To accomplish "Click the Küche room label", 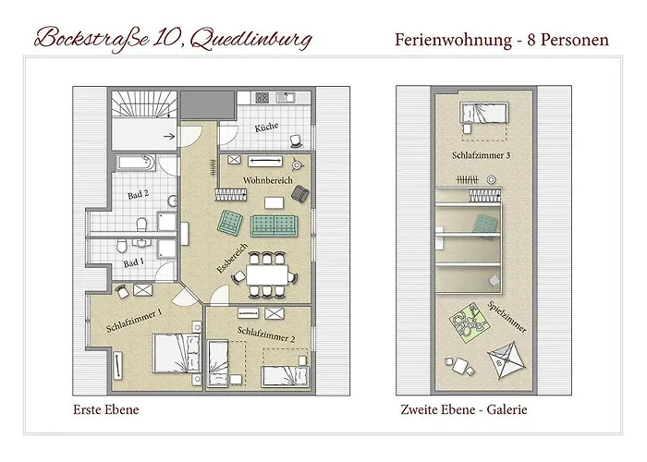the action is point(266,128).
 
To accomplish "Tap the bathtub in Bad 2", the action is point(135,163).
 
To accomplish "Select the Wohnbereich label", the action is point(268,180).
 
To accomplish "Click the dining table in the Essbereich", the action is point(267,274).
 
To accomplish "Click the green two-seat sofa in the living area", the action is point(275,225).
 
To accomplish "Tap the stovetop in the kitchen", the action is point(262,98).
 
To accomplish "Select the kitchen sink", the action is point(286,98).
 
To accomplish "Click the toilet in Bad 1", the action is point(122,246).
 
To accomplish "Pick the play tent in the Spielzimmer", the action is point(506,359).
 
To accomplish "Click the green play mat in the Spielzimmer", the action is point(470,322).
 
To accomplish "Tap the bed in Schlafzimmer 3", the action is point(483,113).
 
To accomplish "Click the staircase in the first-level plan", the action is point(144,104).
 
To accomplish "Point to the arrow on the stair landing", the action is point(169,136).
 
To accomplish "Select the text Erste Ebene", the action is point(106,409).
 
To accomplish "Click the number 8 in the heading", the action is point(531,40).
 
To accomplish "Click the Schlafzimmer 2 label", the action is point(266,334).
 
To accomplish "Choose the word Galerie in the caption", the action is point(507,409).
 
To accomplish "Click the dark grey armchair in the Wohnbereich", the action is point(300,194).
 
